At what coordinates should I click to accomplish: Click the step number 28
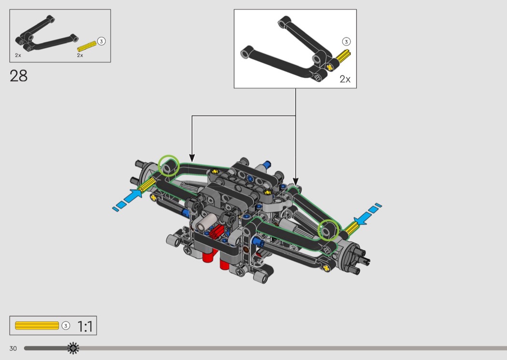pyautogui.click(x=18, y=76)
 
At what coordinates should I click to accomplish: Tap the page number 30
pyautogui.click(x=13, y=348)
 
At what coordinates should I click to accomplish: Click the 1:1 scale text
pyautogui.click(x=85, y=327)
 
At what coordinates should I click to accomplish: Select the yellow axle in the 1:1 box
pyautogui.click(x=37, y=326)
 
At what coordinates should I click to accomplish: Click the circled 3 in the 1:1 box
pyautogui.click(x=66, y=326)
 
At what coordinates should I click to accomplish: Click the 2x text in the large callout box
pyautogui.click(x=345, y=79)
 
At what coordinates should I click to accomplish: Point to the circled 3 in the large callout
pyautogui.click(x=346, y=42)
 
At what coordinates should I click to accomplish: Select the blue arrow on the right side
pyautogui.click(x=367, y=215)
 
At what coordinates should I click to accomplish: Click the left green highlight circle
pyautogui.click(x=169, y=166)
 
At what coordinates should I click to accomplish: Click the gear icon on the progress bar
pyautogui.click(x=73, y=348)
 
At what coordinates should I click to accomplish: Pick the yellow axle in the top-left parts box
pyautogui.click(x=86, y=47)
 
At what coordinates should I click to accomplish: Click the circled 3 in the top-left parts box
pyautogui.click(x=101, y=41)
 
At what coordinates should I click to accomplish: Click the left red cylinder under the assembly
pyautogui.click(x=208, y=255)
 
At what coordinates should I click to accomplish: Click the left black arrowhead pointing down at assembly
pyautogui.click(x=192, y=158)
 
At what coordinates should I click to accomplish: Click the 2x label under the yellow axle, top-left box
pyautogui.click(x=80, y=55)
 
